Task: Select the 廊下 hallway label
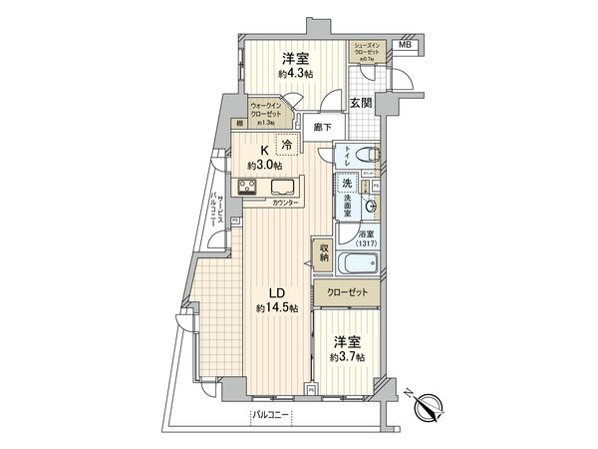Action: (321, 127)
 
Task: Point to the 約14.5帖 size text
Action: (273, 308)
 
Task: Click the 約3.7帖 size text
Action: (347, 356)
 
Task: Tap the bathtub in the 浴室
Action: (357, 264)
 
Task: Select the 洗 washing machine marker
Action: (346, 184)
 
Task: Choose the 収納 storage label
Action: (325, 253)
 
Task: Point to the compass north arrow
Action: (431, 406)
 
